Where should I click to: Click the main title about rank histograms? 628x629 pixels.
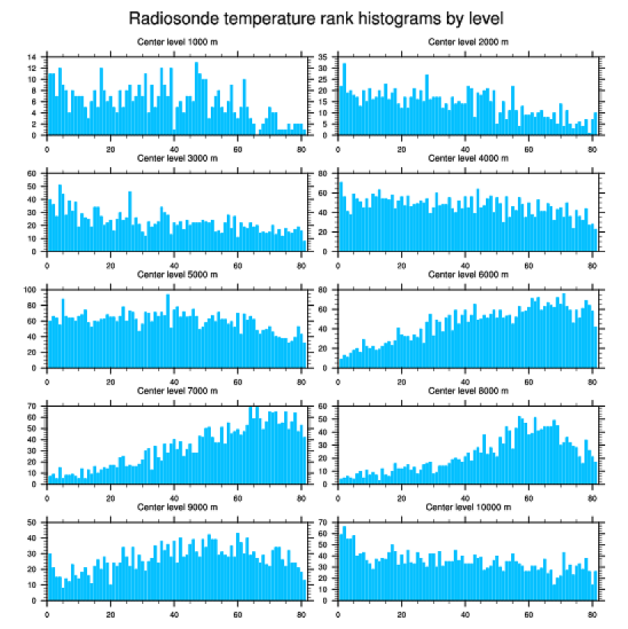(314, 18)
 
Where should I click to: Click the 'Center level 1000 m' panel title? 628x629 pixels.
(176, 41)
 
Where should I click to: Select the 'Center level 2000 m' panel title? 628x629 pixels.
(468, 41)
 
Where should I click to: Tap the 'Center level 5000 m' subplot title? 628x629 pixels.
(176, 274)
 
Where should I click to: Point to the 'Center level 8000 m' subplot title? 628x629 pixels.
(468, 391)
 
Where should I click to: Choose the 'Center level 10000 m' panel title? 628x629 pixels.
(467, 507)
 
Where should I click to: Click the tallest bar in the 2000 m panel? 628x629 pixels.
(344, 99)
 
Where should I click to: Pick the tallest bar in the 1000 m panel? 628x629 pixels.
(196, 98)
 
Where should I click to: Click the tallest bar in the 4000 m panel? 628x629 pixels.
(341, 216)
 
